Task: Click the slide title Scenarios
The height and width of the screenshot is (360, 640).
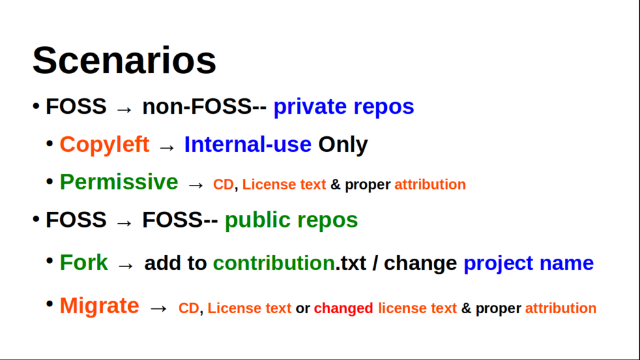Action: tap(124, 61)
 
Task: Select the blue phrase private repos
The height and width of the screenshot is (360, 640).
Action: tap(344, 107)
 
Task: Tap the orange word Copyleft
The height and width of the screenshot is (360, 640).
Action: tap(104, 145)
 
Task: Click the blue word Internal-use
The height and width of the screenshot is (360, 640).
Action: tap(247, 144)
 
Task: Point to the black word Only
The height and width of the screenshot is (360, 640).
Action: tap(343, 145)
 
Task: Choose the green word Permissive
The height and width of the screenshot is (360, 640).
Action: tap(119, 182)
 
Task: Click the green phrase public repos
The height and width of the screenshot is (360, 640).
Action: tap(291, 221)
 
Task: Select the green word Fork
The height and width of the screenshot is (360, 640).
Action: tap(84, 262)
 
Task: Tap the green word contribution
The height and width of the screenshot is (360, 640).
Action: tap(274, 263)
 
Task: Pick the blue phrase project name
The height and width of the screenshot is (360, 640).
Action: tap(529, 264)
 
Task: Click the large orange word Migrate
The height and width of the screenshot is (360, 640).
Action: tap(99, 306)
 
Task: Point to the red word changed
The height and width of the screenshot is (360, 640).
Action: tap(343, 309)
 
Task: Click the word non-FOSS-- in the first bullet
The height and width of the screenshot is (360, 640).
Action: tap(204, 106)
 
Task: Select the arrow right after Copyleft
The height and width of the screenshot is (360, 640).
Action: tap(166, 147)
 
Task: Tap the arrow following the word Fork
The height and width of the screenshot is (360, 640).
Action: tap(125, 266)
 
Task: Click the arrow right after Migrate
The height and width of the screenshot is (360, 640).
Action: tap(158, 309)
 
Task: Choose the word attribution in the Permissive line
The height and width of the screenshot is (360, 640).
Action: tap(430, 184)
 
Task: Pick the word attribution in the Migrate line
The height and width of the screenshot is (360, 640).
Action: tap(561, 308)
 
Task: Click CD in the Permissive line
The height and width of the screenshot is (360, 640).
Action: tap(223, 184)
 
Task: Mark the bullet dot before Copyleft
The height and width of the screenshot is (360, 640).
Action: tap(50, 144)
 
